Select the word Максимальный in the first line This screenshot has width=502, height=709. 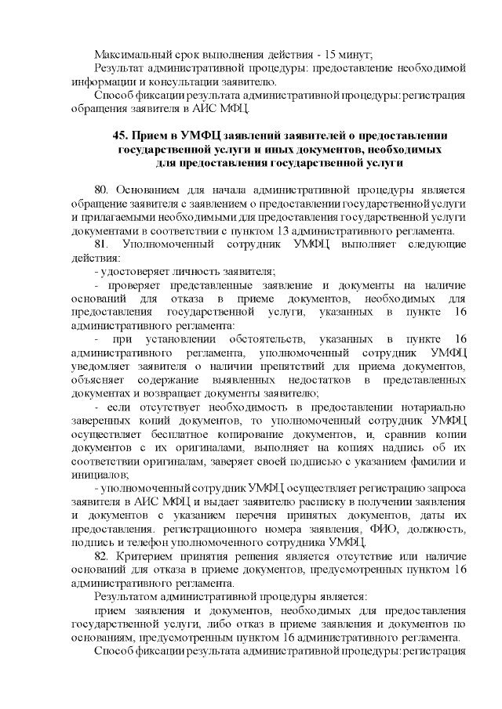[x=130, y=55]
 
